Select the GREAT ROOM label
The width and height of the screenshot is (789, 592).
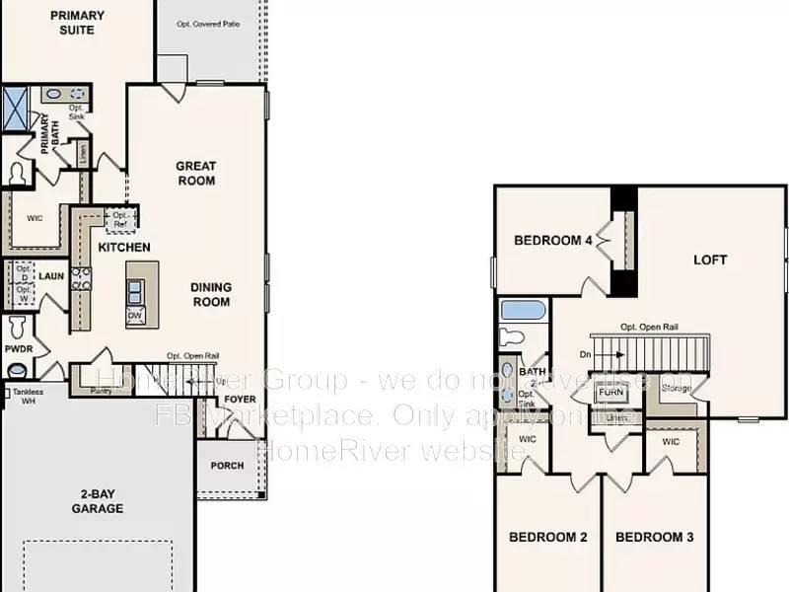coord(196,174)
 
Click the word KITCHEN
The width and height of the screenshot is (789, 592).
coord(124,248)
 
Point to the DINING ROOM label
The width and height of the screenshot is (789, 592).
coord(211,294)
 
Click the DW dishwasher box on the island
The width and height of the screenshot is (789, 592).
coord(134,316)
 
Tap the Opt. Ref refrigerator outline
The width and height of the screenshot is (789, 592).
coord(121,217)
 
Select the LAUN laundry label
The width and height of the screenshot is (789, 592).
coord(51,276)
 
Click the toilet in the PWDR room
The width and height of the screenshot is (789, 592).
coord(18,326)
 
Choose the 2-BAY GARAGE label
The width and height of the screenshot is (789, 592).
coord(97,501)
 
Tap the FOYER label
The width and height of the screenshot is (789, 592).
coord(240,401)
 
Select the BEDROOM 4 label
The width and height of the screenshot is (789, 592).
coord(553,241)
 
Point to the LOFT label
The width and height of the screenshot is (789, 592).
coord(710,260)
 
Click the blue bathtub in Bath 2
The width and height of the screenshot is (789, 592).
coord(523,310)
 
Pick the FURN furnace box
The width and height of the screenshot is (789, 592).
coord(610,392)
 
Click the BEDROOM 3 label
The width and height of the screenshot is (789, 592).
coord(655,538)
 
